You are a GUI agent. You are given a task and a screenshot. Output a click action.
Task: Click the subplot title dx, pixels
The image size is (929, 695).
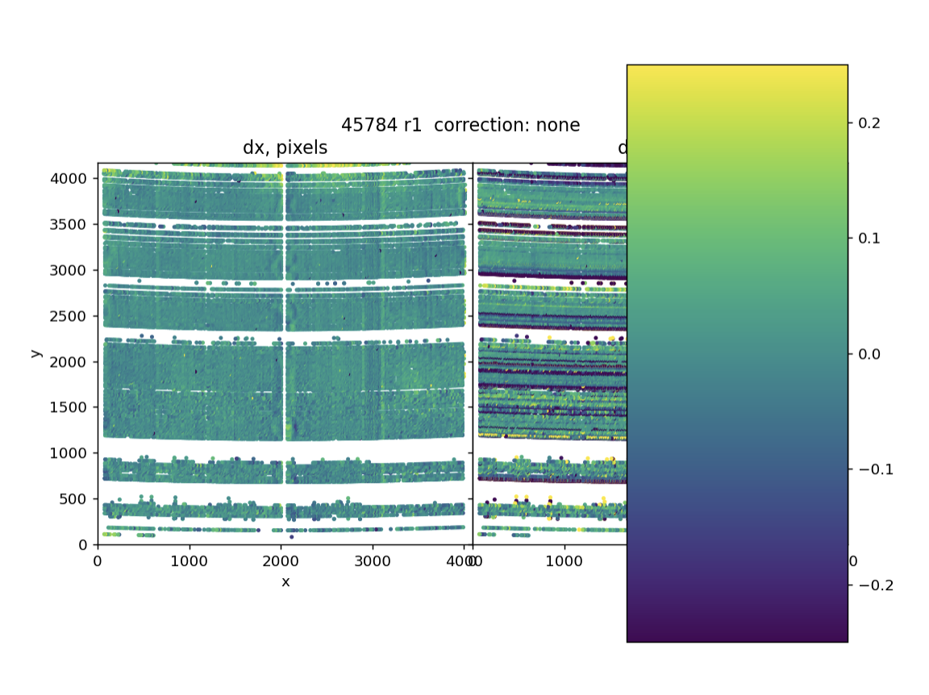tap(285, 148)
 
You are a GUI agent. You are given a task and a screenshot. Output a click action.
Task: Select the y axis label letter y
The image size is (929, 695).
tap(35, 353)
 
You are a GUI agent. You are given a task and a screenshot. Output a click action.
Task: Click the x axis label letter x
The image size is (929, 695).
tap(285, 581)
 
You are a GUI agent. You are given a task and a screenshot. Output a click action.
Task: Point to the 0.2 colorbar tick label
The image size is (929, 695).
tap(869, 123)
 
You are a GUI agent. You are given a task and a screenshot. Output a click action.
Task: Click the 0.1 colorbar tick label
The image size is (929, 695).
tap(869, 238)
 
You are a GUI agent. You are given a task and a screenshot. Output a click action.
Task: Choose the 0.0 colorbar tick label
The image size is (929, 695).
tap(869, 354)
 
